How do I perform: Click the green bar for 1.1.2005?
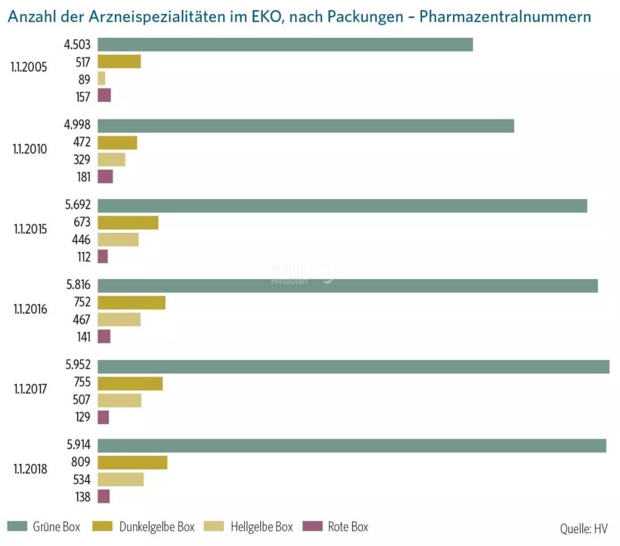[285, 45]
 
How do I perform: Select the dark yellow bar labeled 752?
[131, 303]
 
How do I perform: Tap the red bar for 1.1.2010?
[105, 177]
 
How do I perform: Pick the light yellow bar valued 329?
[111, 160]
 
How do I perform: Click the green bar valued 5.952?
[354, 366]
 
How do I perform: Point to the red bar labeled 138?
[104, 497]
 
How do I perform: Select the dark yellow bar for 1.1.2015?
[128, 223]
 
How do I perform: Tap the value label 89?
[84, 80]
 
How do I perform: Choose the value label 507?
[82, 400]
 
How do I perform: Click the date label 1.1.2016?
[30, 309]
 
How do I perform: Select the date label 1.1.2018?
[30, 469]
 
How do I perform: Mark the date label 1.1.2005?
[29, 67]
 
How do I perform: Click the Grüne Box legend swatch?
[17, 526]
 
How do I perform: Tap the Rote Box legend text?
[348, 526]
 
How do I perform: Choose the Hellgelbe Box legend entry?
[261, 526]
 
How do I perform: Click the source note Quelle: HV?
[583, 528]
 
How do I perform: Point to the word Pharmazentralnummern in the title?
[505, 16]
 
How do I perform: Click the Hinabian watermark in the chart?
[289, 275]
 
